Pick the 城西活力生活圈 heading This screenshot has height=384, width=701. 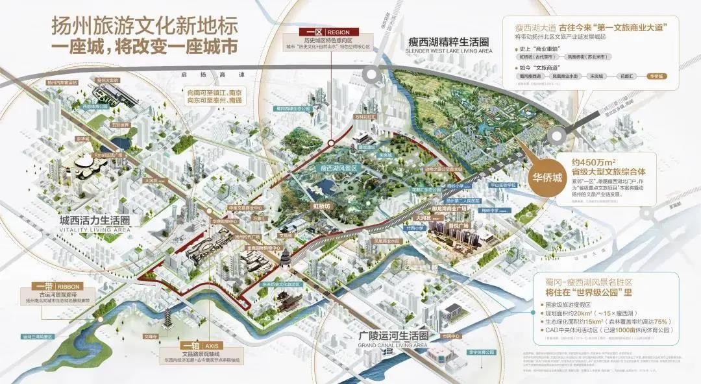(86, 221)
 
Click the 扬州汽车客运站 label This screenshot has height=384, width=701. (62, 83)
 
